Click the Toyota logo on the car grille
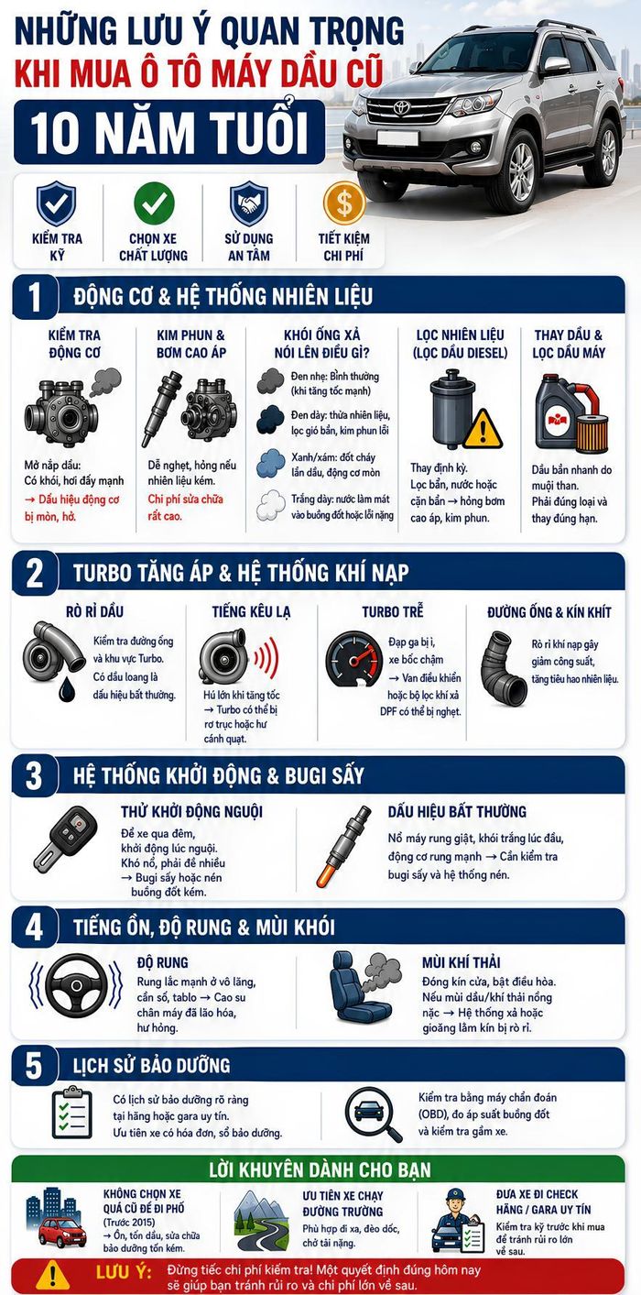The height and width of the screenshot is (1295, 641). [x=400, y=107]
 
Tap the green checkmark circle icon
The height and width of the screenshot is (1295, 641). [x=154, y=203]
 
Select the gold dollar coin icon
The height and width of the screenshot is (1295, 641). [x=344, y=203]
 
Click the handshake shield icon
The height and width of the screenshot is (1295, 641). [x=249, y=203]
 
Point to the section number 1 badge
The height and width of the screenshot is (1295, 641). [x=35, y=297]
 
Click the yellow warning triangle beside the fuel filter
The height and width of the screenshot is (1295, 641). [x=483, y=428]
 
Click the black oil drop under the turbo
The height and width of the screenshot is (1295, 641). [x=68, y=687]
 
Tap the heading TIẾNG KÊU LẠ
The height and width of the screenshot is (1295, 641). [x=251, y=611]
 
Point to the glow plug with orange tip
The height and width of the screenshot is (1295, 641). [x=344, y=846]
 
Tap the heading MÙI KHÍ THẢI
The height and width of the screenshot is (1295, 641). [x=461, y=962]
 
